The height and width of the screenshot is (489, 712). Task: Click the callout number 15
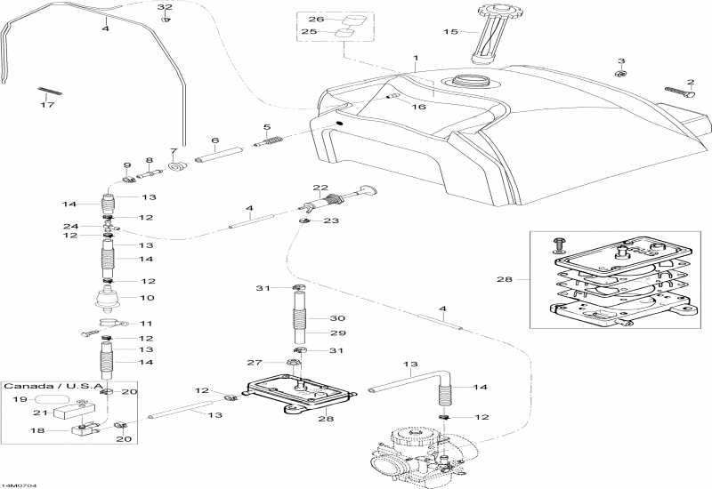point(450,32)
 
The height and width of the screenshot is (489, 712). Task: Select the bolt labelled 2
point(680,92)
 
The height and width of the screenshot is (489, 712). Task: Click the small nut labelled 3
point(620,73)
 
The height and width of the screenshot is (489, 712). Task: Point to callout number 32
point(165,7)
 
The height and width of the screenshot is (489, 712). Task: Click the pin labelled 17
point(50,91)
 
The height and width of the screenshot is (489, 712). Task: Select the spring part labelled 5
point(270,141)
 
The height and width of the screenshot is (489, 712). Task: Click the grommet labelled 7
point(177,167)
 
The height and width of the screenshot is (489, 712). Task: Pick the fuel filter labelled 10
point(109,299)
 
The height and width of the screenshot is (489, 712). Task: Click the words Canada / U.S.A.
point(54,386)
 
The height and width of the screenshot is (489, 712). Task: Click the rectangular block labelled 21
point(74,411)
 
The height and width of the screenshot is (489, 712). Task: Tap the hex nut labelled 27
point(294,363)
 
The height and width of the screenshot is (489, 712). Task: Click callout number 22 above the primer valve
point(320,188)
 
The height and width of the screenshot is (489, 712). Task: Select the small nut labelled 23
point(303,220)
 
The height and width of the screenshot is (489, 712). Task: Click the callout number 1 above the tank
point(415,58)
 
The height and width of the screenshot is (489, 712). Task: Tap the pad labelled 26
point(354,20)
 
